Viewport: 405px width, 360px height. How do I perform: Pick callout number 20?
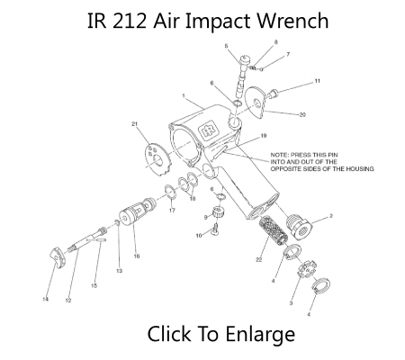click(302, 114)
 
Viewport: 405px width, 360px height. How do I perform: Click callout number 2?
click(331, 216)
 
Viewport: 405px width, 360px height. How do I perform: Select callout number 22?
click(257, 260)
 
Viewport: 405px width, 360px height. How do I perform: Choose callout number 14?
click(45, 298)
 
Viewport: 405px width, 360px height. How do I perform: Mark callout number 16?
click(137, 256)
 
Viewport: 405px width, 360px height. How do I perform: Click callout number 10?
click(199, 236)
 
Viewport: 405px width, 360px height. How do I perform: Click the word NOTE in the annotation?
click(279, 156)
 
